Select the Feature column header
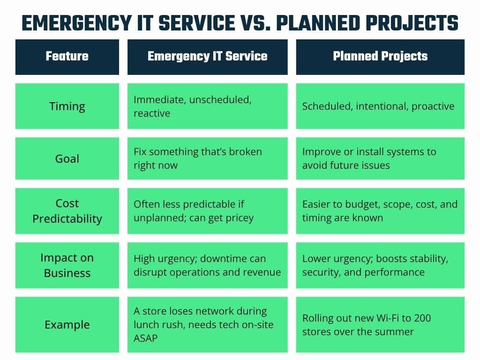[x=67, y=57]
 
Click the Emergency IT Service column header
[x=207, y=57]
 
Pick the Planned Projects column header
[x=380, y=57]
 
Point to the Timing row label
[x=67, y=106]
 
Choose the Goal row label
[x=67, y=158]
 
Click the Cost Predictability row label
[x=67, y=211]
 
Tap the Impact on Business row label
[x=67, y=265]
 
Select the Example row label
[x=67, y=324]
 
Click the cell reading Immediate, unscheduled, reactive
[x=207, y=106]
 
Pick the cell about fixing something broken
[x=207, y=158]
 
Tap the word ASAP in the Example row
[x=146, y=338]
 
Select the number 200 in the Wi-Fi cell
[x=421, y=318]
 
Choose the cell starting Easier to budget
[x=380, y=211]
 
